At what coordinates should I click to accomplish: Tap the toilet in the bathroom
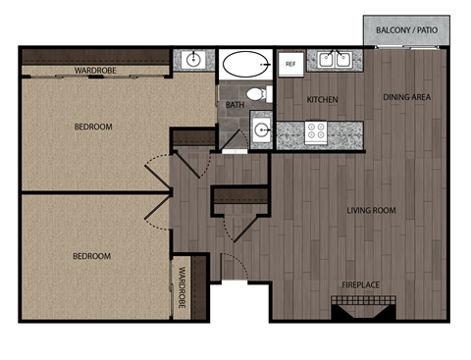pos(257,95)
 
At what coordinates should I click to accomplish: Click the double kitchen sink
pos(335,61)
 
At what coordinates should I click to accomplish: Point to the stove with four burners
pos(316,131)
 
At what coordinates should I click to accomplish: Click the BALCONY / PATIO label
pos(407,31)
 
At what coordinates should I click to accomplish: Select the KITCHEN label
pos(323,100)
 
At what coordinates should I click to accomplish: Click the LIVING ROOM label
pos(370,210)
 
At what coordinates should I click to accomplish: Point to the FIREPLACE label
pos(361,283)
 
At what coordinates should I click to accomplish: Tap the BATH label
pos(235,104)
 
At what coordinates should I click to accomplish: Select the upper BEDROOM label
pos(93,127)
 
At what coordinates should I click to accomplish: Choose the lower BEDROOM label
pos(91,256)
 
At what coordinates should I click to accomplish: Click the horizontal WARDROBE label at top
pos(96,71)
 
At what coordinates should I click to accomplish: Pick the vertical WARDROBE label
pos(183,288)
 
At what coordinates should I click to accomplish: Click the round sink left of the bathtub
pos(193,61)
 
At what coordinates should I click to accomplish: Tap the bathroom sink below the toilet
pos(261,129)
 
